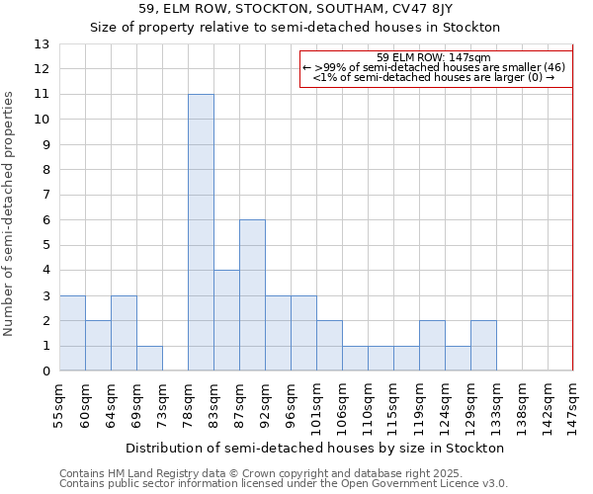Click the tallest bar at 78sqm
coord(201,232)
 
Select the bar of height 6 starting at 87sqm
coord(252,295)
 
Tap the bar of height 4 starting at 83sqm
coord(226,320)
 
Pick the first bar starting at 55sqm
coord(72,333)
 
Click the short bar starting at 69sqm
coord(149,359)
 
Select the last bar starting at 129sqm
coord(483,346)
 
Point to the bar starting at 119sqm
coord(432,346)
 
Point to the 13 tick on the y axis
coord(42,44)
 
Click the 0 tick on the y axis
coord(45,371)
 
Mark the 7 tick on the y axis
coord(45,196)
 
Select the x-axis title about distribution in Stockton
coord(315,448)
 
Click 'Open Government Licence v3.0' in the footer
coord(426,484)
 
